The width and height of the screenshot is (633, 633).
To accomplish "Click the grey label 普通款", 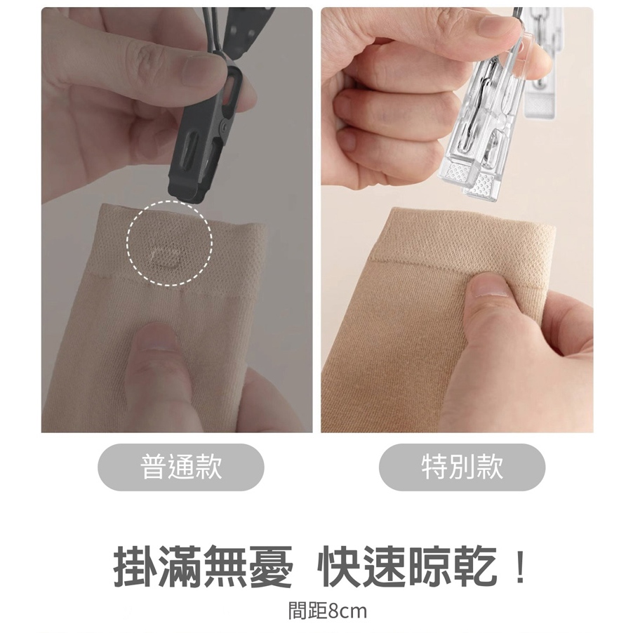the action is coord(181,467).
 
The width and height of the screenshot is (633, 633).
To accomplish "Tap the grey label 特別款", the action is coord(462,467).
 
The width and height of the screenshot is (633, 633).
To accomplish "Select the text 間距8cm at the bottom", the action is coord(328,611).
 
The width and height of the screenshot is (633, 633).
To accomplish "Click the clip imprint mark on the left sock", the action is coord(166,257).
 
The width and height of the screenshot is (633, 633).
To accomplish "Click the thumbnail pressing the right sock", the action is coord(491,286).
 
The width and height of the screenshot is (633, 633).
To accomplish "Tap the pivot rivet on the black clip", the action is coord(224,128).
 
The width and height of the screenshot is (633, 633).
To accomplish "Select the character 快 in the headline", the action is coord(339,567).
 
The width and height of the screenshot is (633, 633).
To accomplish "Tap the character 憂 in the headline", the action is coord(272,567).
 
